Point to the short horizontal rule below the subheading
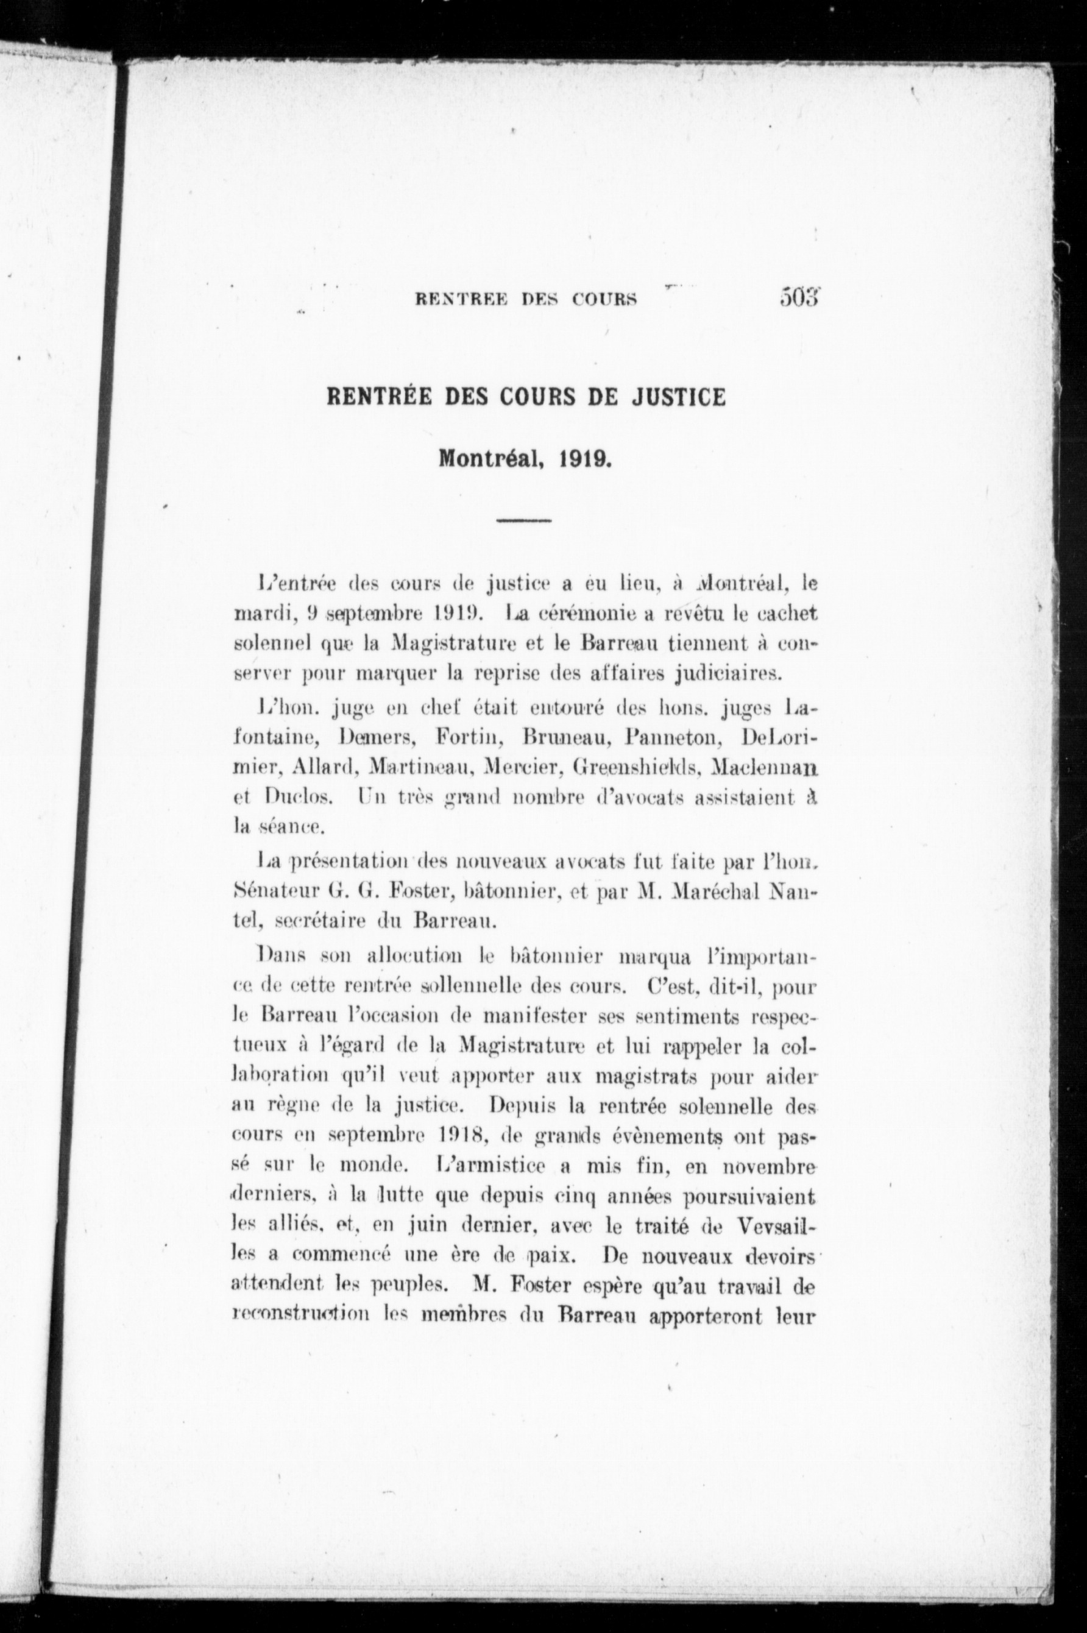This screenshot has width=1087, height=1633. pos(524,520)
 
